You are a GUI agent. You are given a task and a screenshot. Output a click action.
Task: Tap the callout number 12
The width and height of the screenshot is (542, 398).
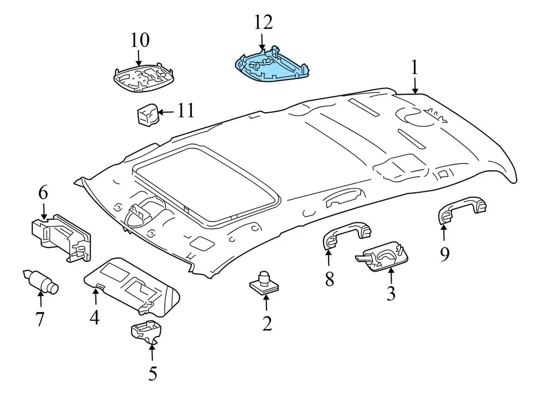[x=263, y=22]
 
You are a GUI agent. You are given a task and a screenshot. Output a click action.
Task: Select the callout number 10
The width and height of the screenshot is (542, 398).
[x=139, y=40]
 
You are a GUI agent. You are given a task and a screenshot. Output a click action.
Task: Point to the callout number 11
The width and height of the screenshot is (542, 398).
[x=185, y=110]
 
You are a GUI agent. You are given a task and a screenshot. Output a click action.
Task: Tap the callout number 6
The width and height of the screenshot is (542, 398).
[x=43, y=193]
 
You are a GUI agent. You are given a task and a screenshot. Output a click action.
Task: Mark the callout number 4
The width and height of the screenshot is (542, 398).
[x=94, y=318]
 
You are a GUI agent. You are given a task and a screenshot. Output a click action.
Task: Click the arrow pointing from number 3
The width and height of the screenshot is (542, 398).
[x=391, y=277]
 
